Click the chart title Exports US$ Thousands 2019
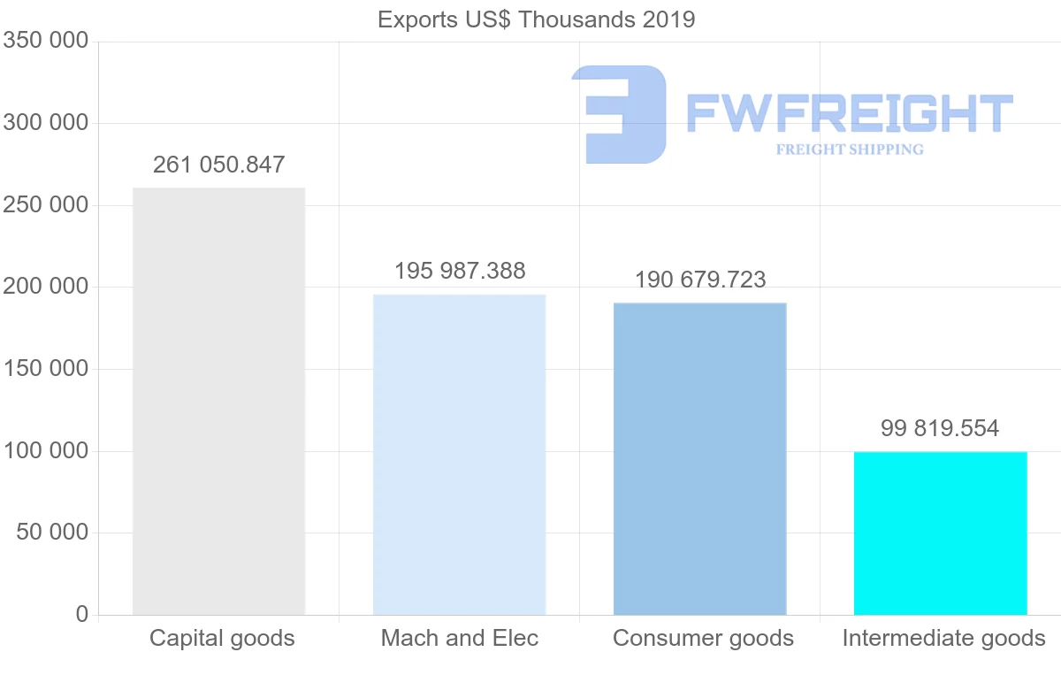pyautogui.click(x=536, y=19)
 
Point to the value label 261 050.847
pyautogui.click(x=218, y=165)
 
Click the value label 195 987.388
pyautogui.click(x=460, y=271)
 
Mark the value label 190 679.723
pyautogui.click(x=700, y=280)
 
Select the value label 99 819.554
pyautogui.click(x=940, y=429)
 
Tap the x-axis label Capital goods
pyautogui.click(x=222, y=638)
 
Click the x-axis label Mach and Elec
pyautogui.click(x=459, y=638)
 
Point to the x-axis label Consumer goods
pyautogui.click(x=703, y=638)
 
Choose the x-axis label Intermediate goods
pyautogui.click(x=943, y=638)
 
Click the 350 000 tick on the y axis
pyautogui.click(x=46, y=41)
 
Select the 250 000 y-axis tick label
pyautogui.click(x=46, y=204)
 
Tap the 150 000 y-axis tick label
pyautogui.click(x=46, y=369)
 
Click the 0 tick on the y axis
pyautogui.click(x=82, y=614)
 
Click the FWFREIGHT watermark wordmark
pyautogui.click(x=849, y=113)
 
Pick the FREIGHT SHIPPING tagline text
pyautogui.click(x=849, y=150)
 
